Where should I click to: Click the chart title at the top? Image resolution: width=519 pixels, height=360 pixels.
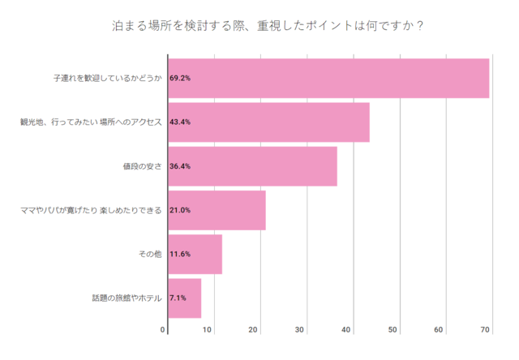point(267,24)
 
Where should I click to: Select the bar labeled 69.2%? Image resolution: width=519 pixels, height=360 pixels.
point(328,79)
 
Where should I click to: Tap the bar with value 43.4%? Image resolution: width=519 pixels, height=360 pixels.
point(268,122)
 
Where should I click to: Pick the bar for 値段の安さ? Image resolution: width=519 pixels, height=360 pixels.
point(252,166)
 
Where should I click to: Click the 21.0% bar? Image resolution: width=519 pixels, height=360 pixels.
point(217,210)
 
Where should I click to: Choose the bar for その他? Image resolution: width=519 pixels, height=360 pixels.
point(195,255)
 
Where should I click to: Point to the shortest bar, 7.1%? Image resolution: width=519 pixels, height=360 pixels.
point(184,298)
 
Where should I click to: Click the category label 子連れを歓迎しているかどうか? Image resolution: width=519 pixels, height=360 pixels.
point(108,79)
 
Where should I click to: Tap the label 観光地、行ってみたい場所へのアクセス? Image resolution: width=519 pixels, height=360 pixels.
point(92,122)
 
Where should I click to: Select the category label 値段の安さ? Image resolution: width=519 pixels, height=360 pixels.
point(143,166)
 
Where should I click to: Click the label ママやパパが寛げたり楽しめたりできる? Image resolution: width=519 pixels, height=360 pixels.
point(92,210)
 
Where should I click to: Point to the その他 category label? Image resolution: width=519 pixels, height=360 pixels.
point(152,255)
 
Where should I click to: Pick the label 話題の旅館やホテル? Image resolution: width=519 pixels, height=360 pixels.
point(127,298)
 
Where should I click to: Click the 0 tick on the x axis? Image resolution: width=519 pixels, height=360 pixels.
point(163,329)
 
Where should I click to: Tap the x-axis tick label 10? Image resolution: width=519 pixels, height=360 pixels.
point(208,329)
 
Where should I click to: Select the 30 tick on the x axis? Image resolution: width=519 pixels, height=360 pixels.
point(300,329)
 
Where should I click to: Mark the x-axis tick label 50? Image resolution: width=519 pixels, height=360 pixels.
point(392,329)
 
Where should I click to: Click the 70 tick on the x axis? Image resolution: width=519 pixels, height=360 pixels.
point(486,329)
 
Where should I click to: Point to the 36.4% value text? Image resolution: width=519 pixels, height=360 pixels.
point(180,166)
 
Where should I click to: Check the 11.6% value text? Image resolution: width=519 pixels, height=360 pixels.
point(180,255)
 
